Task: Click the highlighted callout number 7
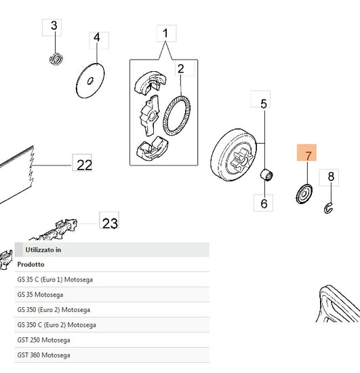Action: pyautogui.click(x=306, y=153)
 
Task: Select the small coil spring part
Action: pyautogui.click(x=56, y=59)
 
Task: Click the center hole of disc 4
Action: pyautogui.click(x=90, y=81)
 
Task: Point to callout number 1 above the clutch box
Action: pyautogui.click(x=167, y=33)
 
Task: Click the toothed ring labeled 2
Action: pyautogui.click(x=176, y=115)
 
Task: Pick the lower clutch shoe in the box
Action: pyautogui.click(x=152, y=149)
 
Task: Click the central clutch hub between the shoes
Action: pyautogui.click(x=149, y=115)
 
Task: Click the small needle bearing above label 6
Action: pyautogui.click(x=266, y=175)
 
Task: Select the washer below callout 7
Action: pyautogui.click(x=304, y=194)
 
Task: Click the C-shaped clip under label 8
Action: pyautogui.click(x=328, y=208)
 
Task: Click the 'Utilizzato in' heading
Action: pyautogui.click(x=43, y=250)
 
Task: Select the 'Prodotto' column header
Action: pyautogui.click(x=31, y=264)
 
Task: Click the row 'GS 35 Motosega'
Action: pyautogui.click(x=40, y=295)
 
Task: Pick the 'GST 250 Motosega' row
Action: pyautogui.click(x=43, y=340)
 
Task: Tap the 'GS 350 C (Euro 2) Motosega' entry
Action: pyautogui.click(x=56, y=325)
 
